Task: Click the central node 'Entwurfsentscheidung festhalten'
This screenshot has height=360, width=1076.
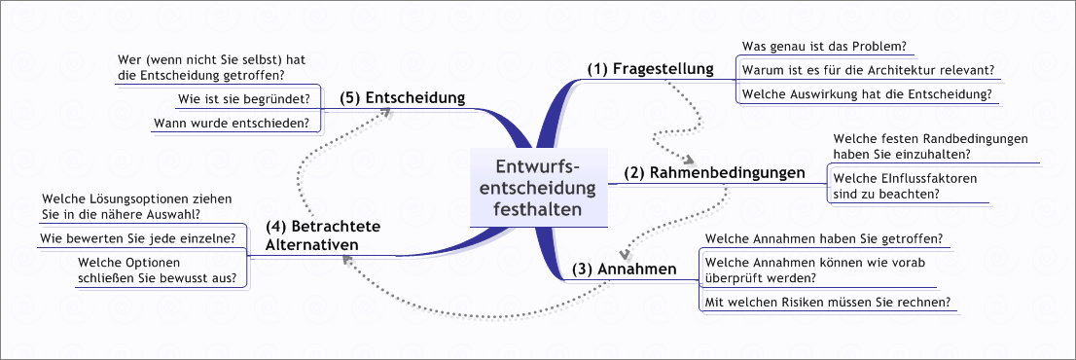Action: point(537,188)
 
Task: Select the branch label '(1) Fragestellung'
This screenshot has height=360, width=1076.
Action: point(650,68)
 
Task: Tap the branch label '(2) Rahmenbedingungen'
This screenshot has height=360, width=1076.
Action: point(714,173)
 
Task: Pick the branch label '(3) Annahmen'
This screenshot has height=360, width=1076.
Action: point(623,269)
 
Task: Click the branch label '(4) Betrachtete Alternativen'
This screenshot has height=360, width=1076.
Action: point(322,235)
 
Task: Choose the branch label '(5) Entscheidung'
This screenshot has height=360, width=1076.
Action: point(402,98)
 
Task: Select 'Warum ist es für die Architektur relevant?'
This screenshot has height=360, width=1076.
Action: point(868,70)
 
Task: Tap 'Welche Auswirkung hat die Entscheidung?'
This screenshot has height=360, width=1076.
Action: point(866,94)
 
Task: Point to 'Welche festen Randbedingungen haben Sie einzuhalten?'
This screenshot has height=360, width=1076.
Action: point(930,147)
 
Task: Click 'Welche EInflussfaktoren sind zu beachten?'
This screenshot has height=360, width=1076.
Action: point(905,186)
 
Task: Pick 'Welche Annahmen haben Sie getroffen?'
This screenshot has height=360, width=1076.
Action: point(822,238)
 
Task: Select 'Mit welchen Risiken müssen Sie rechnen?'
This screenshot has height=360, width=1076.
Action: point(827,302)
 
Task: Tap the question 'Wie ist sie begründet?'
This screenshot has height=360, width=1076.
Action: point(244,98)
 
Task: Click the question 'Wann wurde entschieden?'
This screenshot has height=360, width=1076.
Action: point(232,123)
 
